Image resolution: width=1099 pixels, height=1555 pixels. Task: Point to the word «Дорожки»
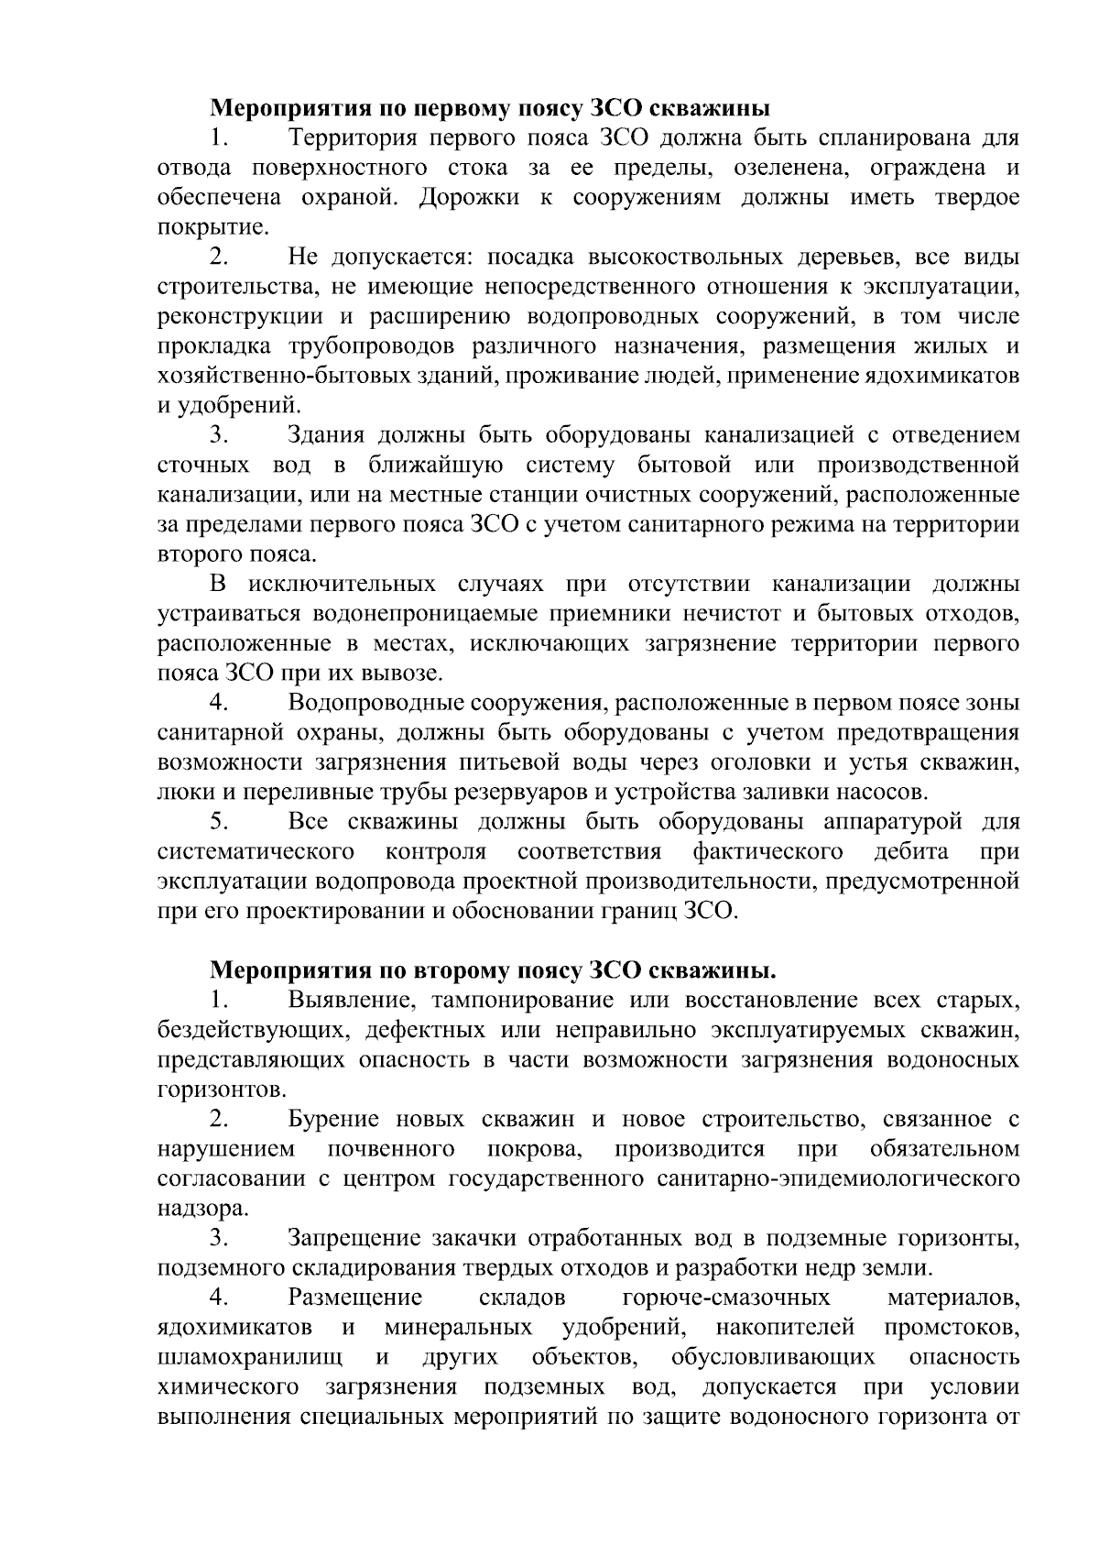coord(468,198)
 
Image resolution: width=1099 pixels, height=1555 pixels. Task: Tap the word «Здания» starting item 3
coord(326,435)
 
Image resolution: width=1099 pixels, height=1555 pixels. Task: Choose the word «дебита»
coord(910,852)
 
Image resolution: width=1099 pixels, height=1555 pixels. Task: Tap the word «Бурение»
coord(332,1119)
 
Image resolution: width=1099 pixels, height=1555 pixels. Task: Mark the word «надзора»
coord(190,1209)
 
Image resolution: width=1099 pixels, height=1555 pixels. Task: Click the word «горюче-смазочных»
coord(726,1298)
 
